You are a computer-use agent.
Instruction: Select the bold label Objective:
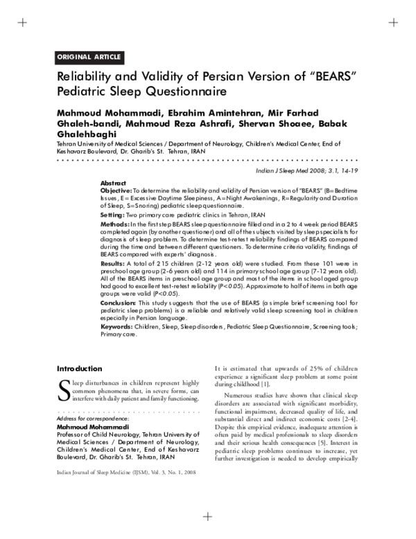pyautogui.click(x=116, y=190)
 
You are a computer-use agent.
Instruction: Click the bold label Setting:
pyautogui.click(x=112, y=215)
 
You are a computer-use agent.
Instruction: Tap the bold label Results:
pyautogui.click(x=113, y=264)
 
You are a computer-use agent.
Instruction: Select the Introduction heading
pyautogui.click(x=79, y=368)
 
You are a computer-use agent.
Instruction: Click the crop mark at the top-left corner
pyautogui.click(x=22, y=22)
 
